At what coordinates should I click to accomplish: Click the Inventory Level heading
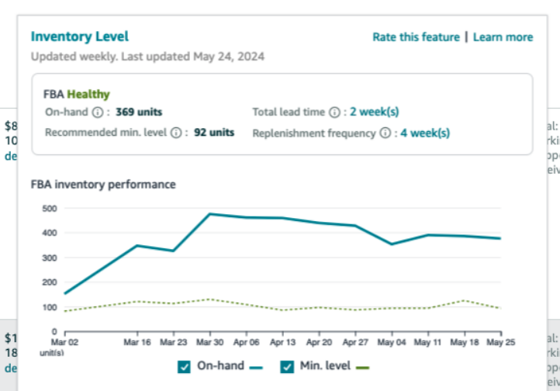[x=79, y=36]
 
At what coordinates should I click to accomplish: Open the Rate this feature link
[x=416, y=37]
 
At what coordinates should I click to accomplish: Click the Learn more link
[x=503, y=37]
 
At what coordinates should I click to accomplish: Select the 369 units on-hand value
[x=139, y=112]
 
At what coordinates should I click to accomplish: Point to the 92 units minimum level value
[x=214, y=133]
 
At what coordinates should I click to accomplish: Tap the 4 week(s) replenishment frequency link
[x=425, y=133]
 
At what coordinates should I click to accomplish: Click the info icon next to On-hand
[x=98, y=112]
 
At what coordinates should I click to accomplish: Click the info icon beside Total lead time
[x=334, y=112]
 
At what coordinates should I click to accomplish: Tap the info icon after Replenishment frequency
[x=385, y=133]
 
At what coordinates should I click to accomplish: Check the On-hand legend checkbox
[x=184, y=366]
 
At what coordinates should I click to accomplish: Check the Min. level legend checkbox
[x=286, y=366]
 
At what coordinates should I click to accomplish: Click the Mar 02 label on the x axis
[x=66, y=341]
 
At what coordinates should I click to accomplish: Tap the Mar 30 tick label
[x=209, y=341]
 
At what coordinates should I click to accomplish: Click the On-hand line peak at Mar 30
[x=209, y=213]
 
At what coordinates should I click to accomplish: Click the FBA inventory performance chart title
[x=103, y=185]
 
